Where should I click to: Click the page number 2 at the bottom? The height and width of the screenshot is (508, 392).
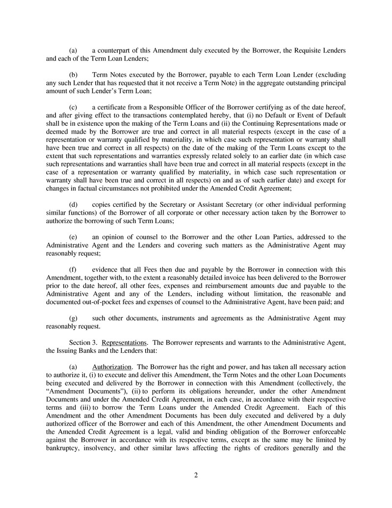coord(196,475)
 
